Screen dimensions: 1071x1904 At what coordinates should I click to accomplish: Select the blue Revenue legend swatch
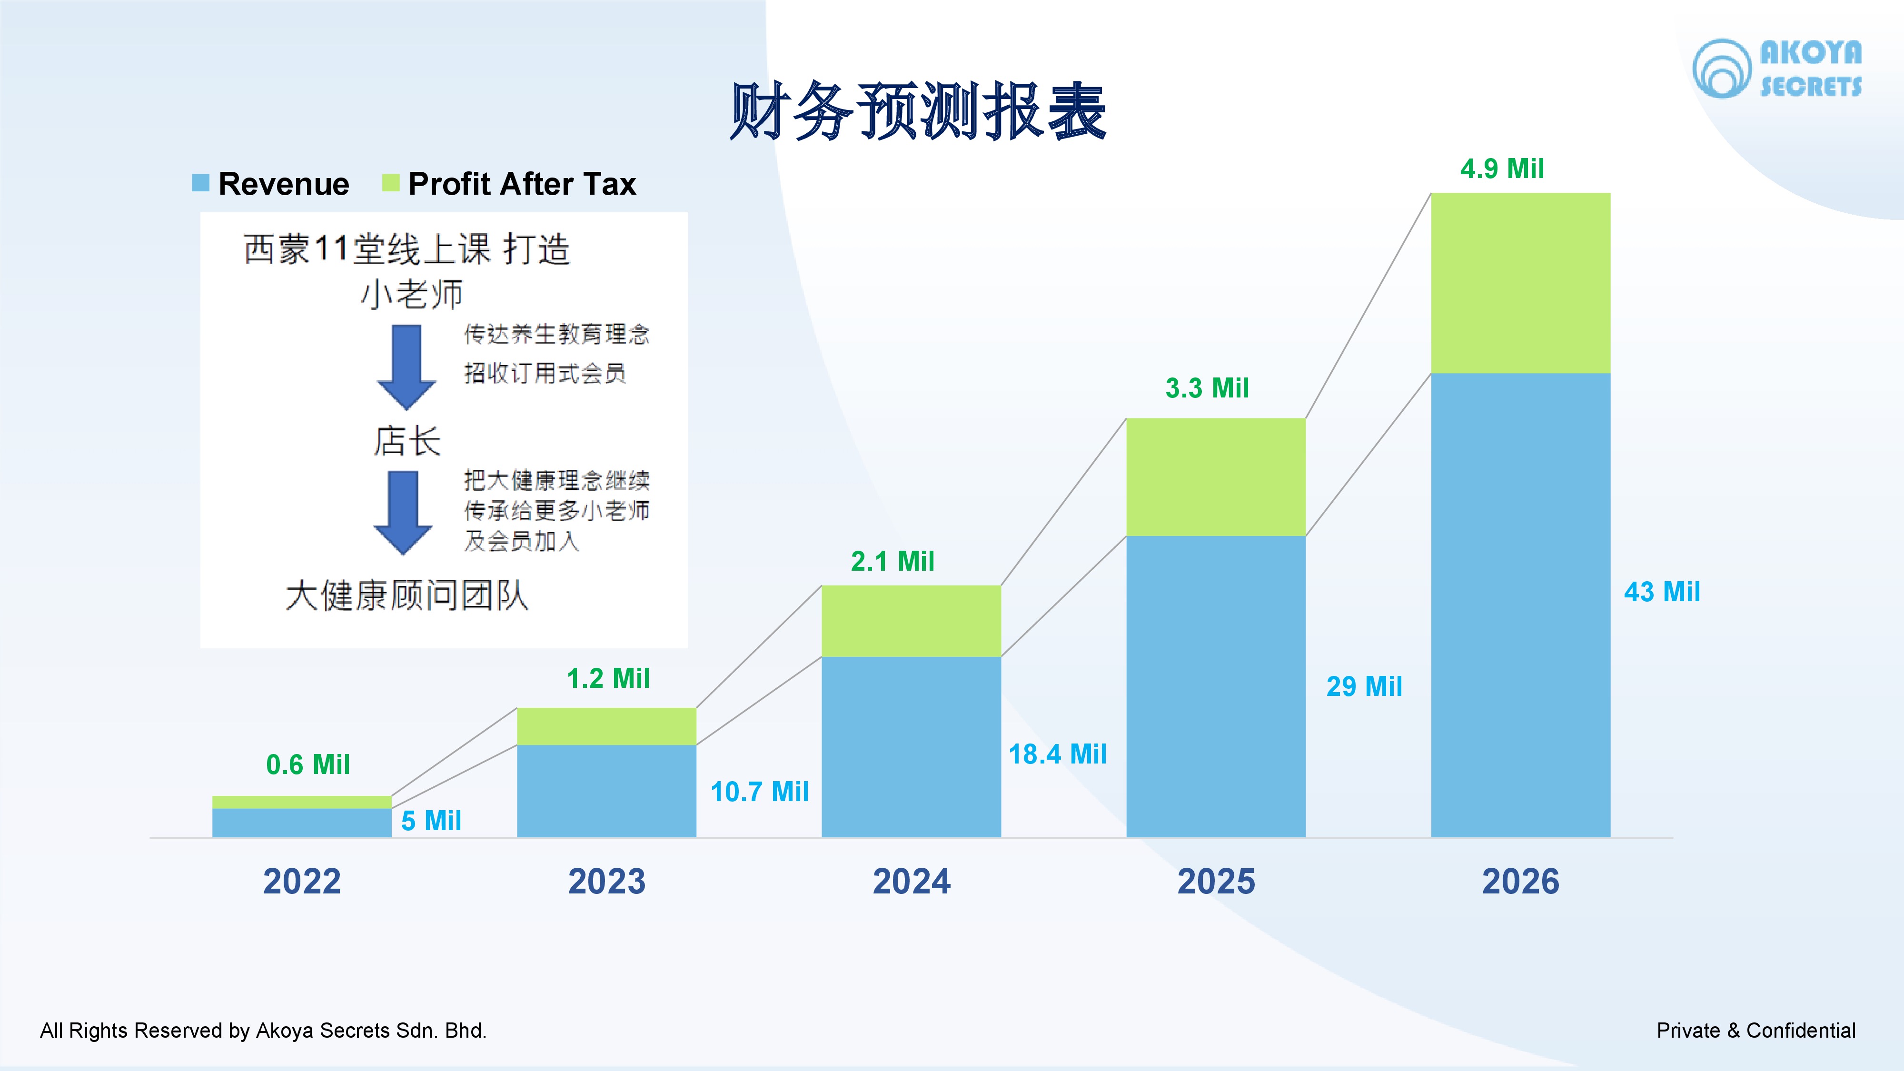(x=200, y=183)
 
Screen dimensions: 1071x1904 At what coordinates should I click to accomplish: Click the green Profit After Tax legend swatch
(x=390, y=183)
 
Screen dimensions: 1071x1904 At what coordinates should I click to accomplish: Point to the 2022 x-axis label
(x=302, y=881)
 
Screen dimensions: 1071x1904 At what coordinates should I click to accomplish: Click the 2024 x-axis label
(x=912, y=881)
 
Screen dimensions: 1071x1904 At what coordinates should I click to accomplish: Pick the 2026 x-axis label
(x=1520, y=881)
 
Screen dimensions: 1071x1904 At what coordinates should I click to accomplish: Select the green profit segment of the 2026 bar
(x=1520, y=283)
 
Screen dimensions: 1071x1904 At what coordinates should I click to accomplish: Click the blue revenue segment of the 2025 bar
(x=1216, y=686)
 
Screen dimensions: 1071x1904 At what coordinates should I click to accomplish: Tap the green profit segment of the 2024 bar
(x=912, y=621)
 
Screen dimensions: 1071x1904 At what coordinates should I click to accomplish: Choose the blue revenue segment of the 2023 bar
(x=606, y=791)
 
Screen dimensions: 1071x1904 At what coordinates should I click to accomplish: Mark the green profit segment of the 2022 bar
(x=302, y=802)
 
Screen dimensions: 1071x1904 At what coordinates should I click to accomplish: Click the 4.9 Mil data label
(x=1502, y=169)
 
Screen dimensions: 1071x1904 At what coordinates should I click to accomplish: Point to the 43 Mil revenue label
(x=1662, y=591)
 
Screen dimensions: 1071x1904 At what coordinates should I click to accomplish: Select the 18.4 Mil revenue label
(x=1058, y=754)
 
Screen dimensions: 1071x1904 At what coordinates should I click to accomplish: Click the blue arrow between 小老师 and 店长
(x=406, y=366)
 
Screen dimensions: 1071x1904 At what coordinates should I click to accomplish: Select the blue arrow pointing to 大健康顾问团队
(x=403, y=512)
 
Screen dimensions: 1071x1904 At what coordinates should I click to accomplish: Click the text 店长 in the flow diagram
(x=407, y=441)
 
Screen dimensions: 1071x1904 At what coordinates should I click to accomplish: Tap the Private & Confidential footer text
(x=1755, y=1031)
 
